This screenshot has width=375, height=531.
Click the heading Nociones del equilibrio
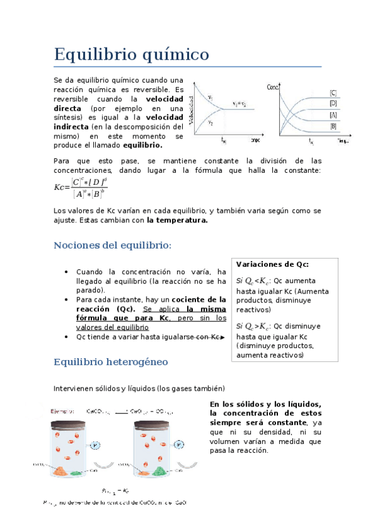113,245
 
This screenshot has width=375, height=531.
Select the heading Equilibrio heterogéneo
111,362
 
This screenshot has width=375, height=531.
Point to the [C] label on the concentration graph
333,93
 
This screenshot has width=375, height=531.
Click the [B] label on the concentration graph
333,126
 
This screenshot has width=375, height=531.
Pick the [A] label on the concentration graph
333,115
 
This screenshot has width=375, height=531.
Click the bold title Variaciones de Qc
272,264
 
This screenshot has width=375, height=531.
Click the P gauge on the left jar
95,445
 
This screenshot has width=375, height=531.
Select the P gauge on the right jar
180,445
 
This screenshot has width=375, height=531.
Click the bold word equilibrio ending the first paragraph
143,145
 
